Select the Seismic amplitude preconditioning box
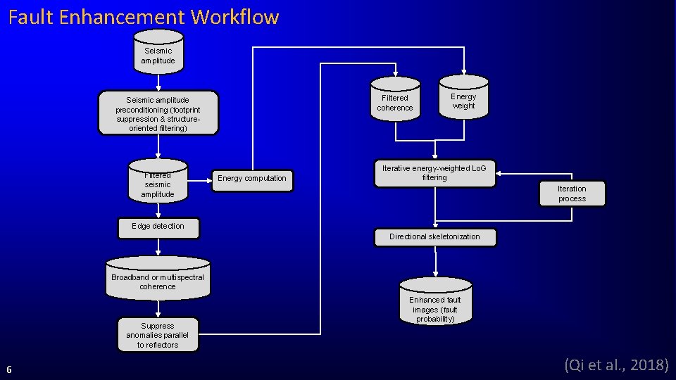point(158,113)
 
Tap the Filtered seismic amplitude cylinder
point(158,184)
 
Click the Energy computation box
point(252,179)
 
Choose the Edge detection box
point(158,227)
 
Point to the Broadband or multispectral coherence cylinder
point(158,280)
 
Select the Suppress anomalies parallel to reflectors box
point(158,335)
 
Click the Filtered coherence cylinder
point(395,102)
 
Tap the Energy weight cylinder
point(463,100)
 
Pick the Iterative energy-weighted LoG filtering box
point(434,173)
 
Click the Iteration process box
point(572,194)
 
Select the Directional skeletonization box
point(434,237)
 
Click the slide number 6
point(8,369)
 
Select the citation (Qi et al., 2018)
point(616,365)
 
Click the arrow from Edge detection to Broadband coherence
point(158,247)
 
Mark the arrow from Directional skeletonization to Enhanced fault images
point(435,261)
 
